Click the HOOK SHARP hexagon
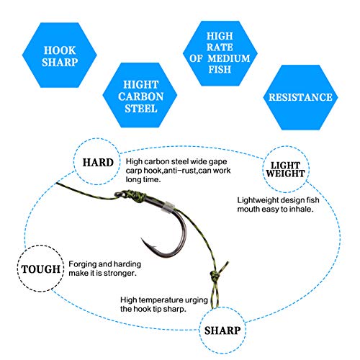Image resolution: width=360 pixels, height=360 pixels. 60,55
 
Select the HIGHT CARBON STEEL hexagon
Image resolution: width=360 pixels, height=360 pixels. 140,95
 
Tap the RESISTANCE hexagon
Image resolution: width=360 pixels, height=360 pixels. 300,97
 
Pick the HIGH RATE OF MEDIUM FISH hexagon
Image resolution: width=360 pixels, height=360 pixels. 220,53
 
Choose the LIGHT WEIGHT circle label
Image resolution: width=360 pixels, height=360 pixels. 286,169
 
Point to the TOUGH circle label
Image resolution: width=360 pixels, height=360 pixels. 41,269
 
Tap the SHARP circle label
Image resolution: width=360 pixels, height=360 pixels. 222,330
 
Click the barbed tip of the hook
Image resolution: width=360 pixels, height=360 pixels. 142,239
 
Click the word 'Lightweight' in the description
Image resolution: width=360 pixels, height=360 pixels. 258,200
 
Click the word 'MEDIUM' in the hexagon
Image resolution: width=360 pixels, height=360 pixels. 229,58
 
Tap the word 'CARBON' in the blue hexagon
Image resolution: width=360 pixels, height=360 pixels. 141,96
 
